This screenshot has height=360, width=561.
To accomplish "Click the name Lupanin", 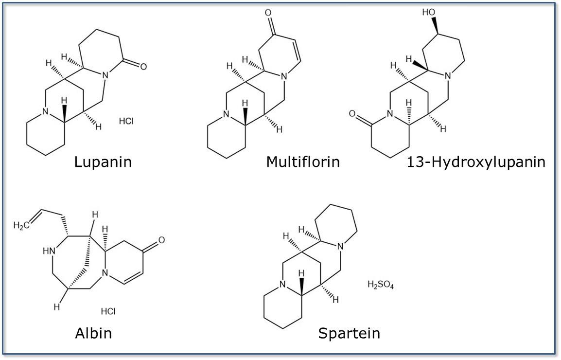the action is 103,162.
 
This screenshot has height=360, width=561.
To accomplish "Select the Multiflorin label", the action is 302,162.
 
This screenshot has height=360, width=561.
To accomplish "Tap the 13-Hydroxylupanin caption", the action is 475,162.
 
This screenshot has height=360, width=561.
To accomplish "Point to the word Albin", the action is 93,333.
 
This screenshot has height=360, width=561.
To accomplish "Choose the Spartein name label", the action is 349,333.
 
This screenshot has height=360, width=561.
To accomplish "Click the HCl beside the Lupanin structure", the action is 126,121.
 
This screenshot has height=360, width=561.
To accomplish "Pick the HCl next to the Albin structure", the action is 108,310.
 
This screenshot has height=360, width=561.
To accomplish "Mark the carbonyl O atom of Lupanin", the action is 143,67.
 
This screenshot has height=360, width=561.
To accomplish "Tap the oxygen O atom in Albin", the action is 161,240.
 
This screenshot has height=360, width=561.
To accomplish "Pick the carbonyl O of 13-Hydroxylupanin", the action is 352,115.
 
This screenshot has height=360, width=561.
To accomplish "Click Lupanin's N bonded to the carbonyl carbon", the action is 104,76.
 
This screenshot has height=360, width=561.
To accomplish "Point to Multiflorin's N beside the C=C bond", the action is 288,76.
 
